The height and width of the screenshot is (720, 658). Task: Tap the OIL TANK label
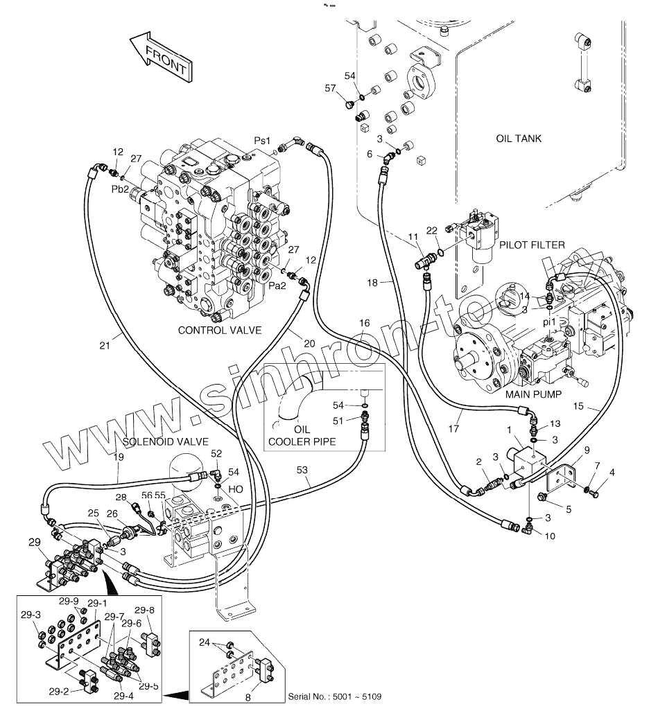519,139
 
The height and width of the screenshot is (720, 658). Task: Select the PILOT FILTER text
532,245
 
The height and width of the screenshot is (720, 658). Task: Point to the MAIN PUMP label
533,394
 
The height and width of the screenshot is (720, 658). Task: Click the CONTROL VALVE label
220,330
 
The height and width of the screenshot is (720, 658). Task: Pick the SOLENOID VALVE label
166,441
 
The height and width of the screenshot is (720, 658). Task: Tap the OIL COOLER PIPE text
302,436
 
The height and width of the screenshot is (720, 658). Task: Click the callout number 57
330,88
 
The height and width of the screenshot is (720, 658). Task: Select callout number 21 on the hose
105,345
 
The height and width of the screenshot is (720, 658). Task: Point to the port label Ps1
262,141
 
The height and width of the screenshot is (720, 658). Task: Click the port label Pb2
121,189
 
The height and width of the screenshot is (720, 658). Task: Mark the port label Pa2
277,286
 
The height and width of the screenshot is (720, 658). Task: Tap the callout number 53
302,470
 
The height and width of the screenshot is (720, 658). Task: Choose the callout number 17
453,428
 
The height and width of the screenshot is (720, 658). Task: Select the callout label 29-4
123,696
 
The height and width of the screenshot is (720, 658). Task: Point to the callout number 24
204,642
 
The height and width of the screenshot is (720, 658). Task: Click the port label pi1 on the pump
549,322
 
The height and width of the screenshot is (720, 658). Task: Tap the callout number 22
431,231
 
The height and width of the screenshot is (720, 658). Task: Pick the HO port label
235,489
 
